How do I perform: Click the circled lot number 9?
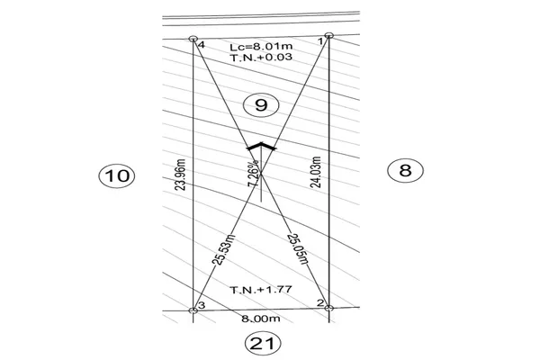(261, 104)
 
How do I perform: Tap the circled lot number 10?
(117, 175)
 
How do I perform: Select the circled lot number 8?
(405, 170)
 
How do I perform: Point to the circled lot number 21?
(263, 343)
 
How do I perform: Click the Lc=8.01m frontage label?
(261, 46)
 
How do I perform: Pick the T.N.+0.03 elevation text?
(261, 57)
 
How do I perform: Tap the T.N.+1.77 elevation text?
(261, 290)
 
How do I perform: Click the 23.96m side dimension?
(180, 175)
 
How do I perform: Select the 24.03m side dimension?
(316, 172)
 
